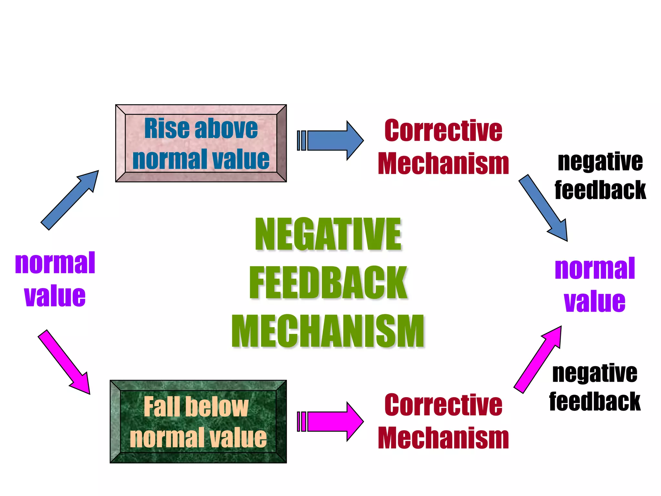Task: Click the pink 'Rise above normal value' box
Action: point(201,143)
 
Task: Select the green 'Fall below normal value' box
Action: point(198,421)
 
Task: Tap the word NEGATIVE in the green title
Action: point(328,234)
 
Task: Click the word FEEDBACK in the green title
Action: point(328,283)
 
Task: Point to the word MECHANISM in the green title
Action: point(328,331)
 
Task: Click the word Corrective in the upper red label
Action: point(443,130)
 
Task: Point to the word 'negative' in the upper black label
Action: point(600,162)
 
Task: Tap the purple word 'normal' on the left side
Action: point(55,263)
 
